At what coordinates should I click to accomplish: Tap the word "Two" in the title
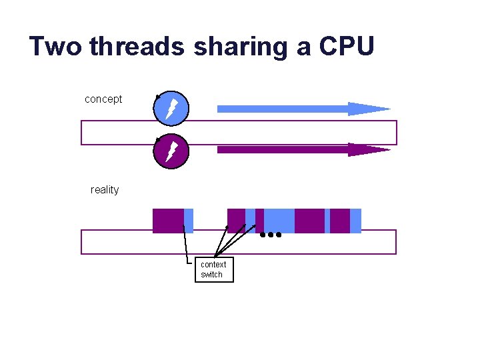click(55, 47)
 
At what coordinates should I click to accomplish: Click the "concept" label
click(103, 99)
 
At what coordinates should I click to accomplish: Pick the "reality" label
click(105, 190)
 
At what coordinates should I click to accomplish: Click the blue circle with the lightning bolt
click(171, 108)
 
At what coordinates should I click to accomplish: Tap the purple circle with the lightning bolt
click(171, 152)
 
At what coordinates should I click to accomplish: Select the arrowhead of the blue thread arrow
click(368, 109)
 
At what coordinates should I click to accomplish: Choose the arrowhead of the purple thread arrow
click(368, 149)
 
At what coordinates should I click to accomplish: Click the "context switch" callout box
click(214, 269)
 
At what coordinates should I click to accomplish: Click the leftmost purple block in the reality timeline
click(168, 221)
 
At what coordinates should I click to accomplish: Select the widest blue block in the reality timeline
click(279, 221)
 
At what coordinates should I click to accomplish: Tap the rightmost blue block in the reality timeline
click(355, 221)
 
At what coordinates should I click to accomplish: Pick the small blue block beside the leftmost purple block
click(189, 221)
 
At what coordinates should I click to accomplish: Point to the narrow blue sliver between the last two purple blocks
click(327, 221)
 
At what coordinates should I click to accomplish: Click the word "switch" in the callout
click(212, 275)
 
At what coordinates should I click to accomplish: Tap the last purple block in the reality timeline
click(340, 221)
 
